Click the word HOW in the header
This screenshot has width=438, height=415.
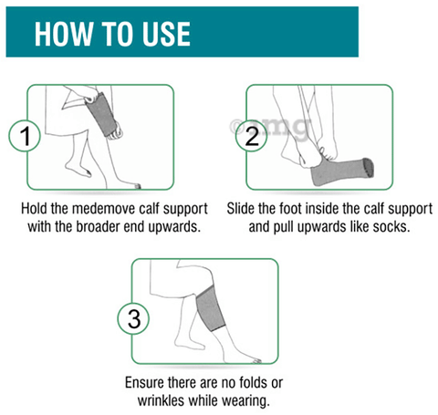64,34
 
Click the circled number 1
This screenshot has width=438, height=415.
25,136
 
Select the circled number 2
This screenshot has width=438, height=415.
252,136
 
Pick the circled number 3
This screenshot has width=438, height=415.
133,318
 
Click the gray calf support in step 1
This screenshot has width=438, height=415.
100,114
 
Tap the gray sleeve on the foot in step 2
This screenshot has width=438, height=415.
341,172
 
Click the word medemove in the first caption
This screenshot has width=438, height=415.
104,209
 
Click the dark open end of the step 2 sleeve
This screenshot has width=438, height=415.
369,168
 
